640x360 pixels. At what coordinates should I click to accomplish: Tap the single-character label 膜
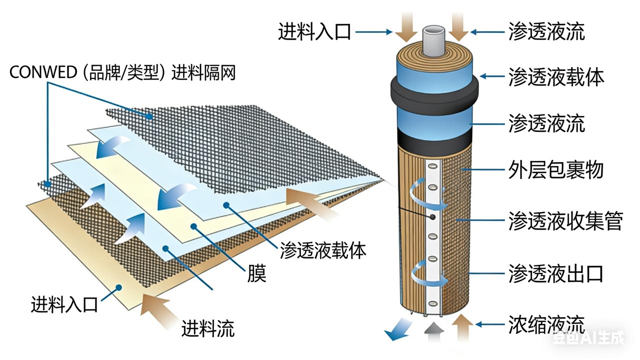coord(256,273)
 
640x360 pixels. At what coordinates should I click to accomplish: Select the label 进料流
coord(208,328)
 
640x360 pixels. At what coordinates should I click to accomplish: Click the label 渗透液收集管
coord(565,220)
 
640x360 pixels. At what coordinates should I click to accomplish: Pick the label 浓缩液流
coord(546,323)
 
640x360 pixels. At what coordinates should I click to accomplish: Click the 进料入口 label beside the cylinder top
coord(315,31)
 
